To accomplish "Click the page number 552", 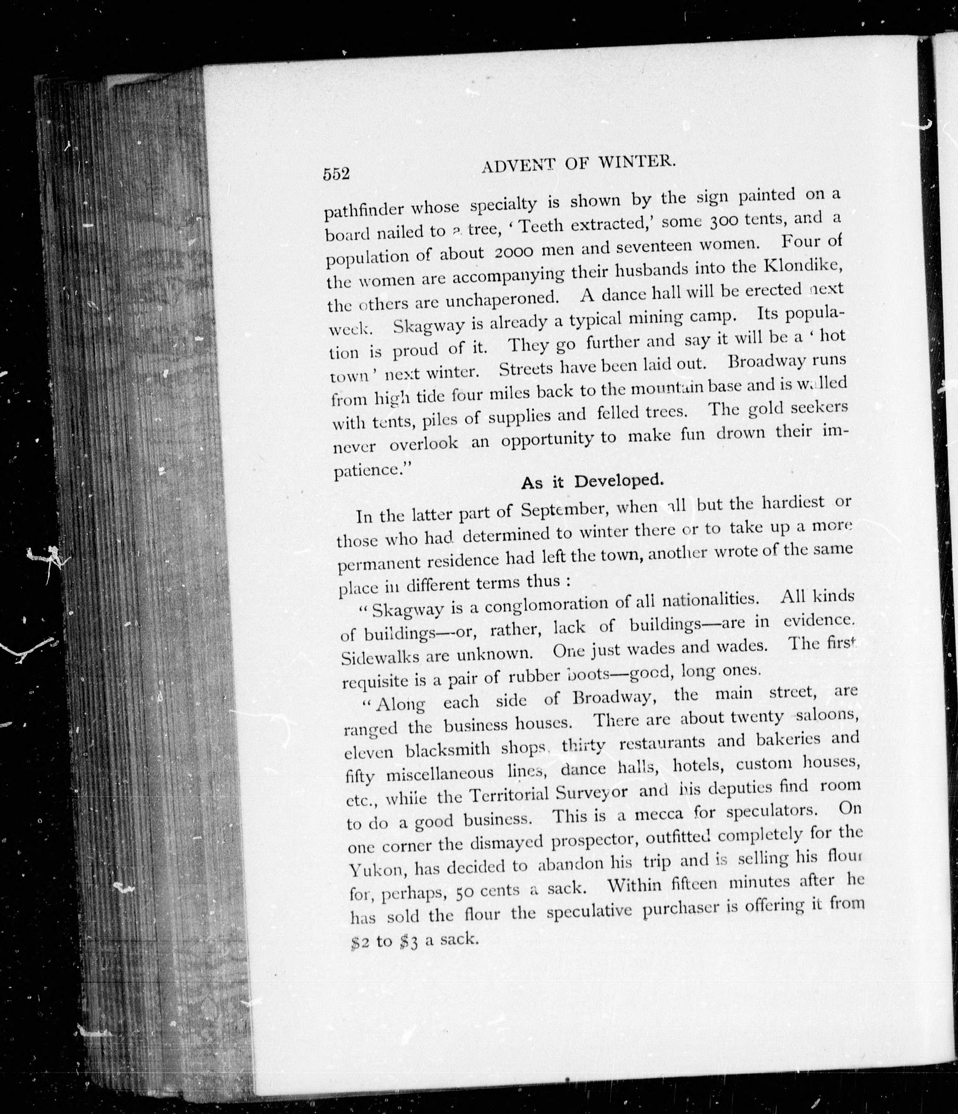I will click(336, 174).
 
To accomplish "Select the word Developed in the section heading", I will click(619, 480).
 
